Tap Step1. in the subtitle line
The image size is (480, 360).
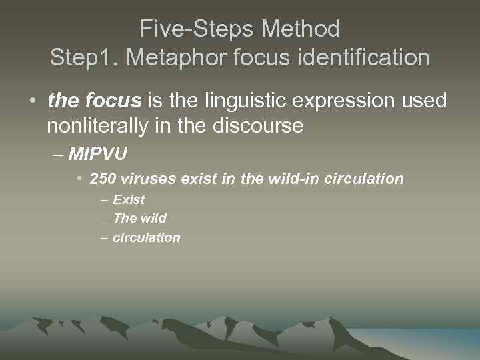click(84, 57)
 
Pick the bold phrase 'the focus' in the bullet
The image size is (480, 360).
click(95, 101)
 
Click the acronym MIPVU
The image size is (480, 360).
click(97, 155)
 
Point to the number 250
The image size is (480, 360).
click(103, 179)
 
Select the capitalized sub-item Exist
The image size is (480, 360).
click(129, 199)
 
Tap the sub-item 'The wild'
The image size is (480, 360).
click(140, 218)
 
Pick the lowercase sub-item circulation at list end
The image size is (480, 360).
click(147, 237)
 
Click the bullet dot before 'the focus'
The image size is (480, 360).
click(32, 101)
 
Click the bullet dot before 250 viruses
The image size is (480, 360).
click(79, 179)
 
